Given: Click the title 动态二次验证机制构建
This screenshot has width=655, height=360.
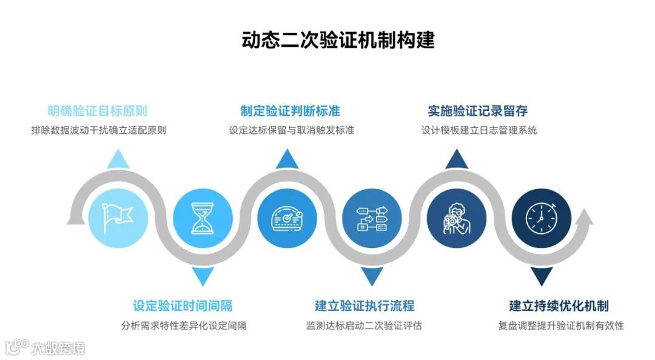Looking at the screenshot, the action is pos(338,41).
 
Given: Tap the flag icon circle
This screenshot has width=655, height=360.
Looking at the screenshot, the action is pos(118,217).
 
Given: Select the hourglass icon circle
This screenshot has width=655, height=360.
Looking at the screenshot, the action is pos(203,217).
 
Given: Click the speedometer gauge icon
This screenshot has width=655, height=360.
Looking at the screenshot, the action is pos(287,217).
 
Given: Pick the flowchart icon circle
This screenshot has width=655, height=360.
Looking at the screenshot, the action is pos(371,217).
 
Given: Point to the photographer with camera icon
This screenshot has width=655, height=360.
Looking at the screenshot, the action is pos(456,217).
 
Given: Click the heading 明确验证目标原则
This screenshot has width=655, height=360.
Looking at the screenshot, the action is pos(98,111).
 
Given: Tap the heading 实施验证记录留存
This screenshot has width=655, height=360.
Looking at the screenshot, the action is pos(478,111).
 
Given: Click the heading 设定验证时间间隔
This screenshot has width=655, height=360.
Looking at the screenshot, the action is pos(183,305).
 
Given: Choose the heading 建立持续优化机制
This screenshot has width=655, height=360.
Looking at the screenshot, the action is pos(559,305).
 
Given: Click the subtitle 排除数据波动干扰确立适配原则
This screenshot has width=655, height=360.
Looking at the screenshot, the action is pos(98,130).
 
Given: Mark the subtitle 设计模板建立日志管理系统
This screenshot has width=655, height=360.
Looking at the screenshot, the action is pos(479,130).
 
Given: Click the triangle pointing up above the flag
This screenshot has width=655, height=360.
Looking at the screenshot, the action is pos(118,159).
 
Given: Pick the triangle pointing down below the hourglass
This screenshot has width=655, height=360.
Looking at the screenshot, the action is pos(203,276).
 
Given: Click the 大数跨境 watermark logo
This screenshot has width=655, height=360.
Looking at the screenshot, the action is pos(45,347).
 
